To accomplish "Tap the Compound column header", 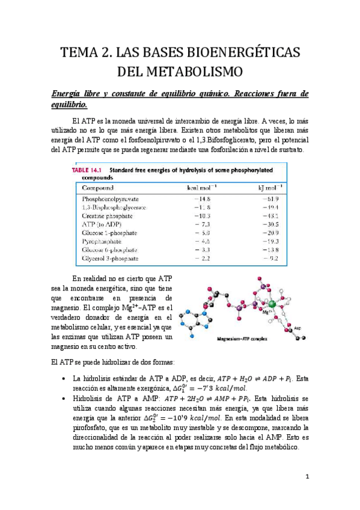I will pyautogui.click(x=99, y=187).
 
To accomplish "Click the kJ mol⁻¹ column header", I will pyautogui.click(x=267, y=187).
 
